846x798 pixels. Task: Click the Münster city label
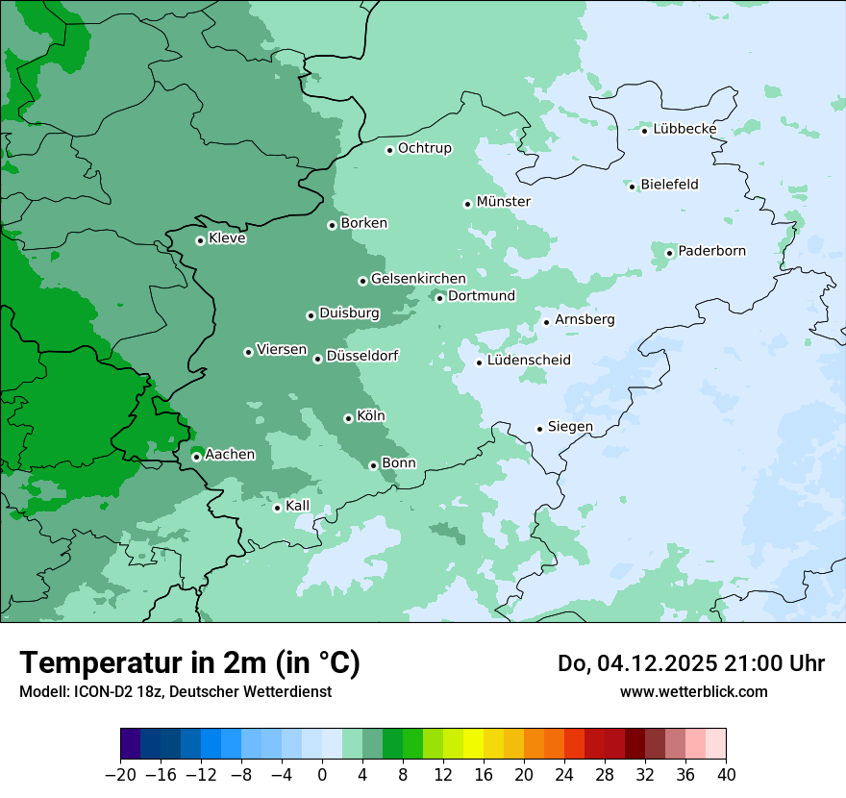click(x=503, y=202)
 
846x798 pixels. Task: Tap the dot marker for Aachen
click(x=196, y=457)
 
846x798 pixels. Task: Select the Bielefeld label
click(x=669, y=185)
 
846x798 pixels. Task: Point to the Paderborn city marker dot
click(x=670, y=253)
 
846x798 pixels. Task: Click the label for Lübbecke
click(x=684, y=129)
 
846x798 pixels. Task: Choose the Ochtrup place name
click(x=424, y=148)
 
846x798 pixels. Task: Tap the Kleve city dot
click(x=200, y=240)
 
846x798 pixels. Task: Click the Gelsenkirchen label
click(x=418, y=279)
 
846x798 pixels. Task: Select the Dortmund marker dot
click(x=439, y=298)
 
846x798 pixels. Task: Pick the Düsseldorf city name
click(x=361, y=356)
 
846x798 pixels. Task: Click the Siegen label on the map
click(x=570, y=427)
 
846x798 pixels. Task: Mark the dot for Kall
click(x=277, y=508)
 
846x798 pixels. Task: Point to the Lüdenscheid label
click(x=529, y=361)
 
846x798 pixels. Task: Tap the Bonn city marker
click(x=373, y=465)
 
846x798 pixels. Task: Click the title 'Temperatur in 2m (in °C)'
click(x=189, y=663)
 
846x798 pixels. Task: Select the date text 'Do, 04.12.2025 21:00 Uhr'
click(x=690, y=663)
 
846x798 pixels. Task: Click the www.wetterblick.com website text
click(x=693, y=691)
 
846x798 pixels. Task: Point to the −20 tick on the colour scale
click(x=121, y=775)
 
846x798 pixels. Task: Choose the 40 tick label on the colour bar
click(x=726, y=775)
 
